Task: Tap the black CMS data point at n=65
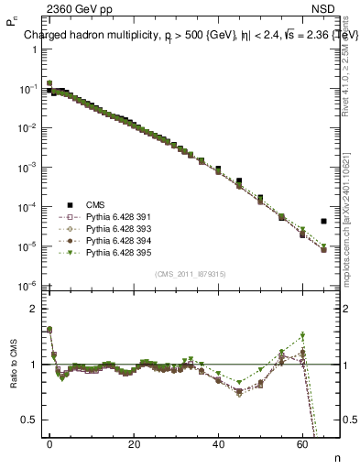coord(323,221)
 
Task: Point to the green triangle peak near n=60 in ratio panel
coord(302,335)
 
